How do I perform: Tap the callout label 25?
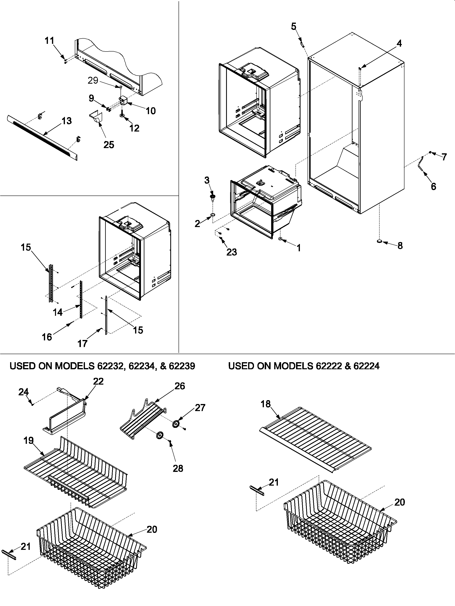pos(109,144)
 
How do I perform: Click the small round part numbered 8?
pos(380,241)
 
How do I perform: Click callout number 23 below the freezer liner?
pos(232,252)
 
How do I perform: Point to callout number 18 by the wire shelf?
pos(266,404)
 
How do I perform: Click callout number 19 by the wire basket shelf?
pos(29,441)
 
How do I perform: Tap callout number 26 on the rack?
pos(180,386)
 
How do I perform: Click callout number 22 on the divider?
pos(98,381)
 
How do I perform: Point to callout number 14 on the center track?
pos(58,312)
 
